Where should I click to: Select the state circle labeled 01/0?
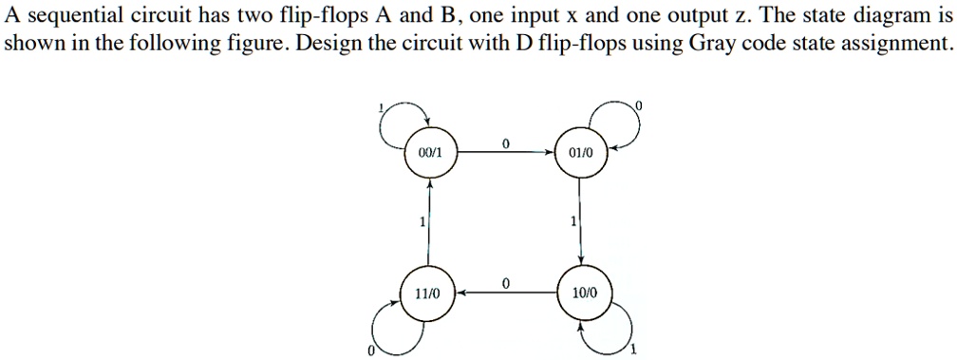click(580, 152)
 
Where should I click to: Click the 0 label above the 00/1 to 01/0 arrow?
click(505, 142)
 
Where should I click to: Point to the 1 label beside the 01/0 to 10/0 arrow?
click(572, 222)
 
